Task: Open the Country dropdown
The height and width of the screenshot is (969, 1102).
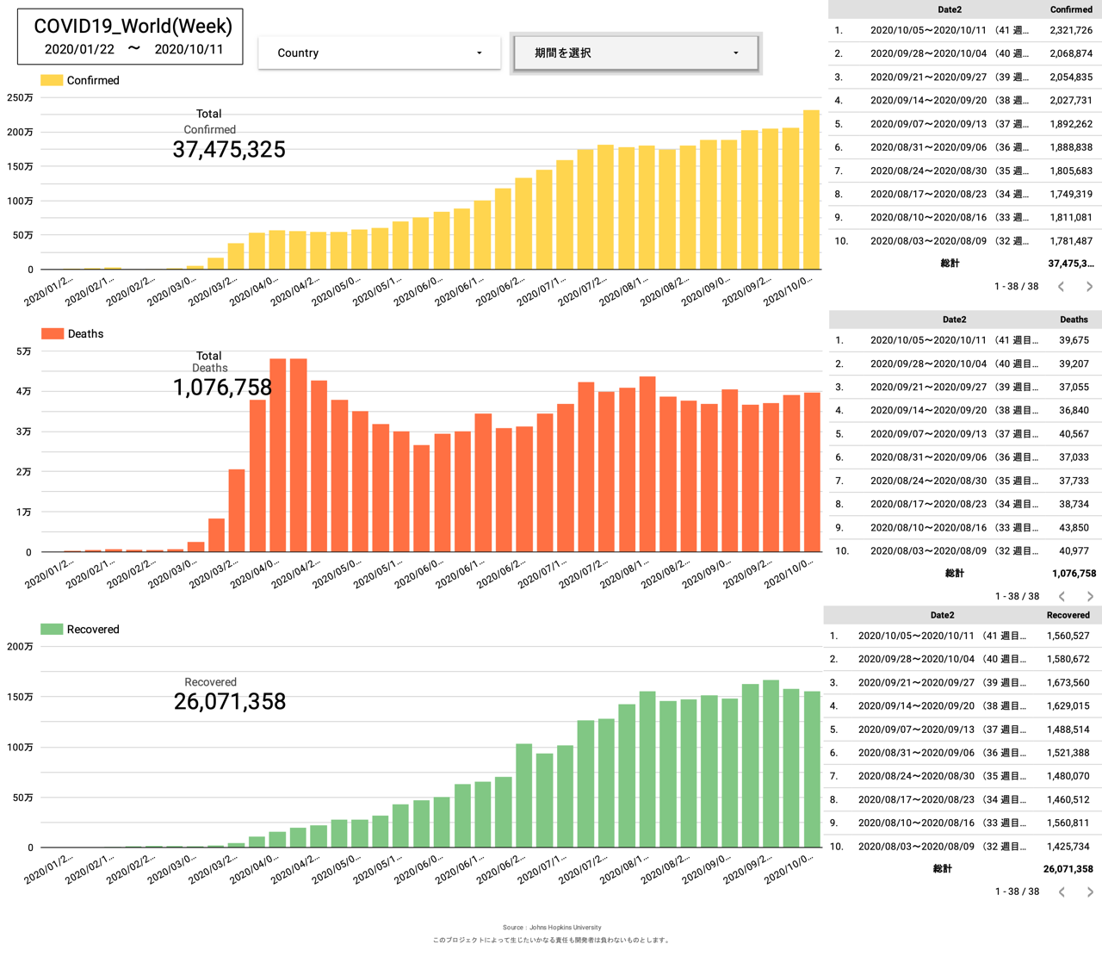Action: (379, 53)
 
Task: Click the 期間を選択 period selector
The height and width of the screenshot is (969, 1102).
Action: (635, 53)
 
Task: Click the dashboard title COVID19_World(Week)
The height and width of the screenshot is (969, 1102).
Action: (133, 27)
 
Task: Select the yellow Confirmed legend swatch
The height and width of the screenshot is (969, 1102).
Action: (52, 80)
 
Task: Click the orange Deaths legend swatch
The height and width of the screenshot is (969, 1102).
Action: (53, 333)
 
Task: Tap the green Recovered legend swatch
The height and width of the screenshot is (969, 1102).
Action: (52, 629)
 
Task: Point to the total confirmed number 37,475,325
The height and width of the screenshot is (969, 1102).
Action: (229, 150)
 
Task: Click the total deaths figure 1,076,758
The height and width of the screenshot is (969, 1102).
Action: (222, 388)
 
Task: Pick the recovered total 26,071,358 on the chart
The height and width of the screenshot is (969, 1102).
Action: (230, 702)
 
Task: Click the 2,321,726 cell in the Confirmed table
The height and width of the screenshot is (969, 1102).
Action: (1071, 30)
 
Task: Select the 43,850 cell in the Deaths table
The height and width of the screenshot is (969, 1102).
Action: (1074, 527)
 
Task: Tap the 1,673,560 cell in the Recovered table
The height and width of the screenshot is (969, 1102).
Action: (1068, 682)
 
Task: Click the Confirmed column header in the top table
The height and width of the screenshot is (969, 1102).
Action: (1071, 9)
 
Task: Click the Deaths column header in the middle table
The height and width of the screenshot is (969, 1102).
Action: (1074, 320)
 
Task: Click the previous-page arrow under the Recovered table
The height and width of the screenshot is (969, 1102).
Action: (1062, 891)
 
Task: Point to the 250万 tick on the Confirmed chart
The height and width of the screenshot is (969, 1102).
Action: (21, 98)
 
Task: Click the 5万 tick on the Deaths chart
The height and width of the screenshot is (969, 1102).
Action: (24, 351)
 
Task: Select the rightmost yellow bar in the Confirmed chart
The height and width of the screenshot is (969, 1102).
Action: (811, 189)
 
